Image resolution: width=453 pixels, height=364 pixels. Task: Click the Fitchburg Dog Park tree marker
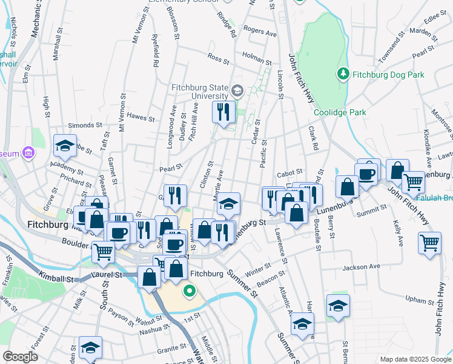(343, 75)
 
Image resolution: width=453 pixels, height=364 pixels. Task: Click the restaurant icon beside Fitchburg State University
(223, 112)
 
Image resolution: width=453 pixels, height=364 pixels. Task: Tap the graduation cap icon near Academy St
(65, 146)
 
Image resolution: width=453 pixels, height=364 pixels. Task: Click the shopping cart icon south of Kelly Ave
(429, 243)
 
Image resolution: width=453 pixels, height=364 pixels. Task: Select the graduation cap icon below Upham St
(338, 305)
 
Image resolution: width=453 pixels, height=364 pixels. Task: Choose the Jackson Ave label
(361, 266)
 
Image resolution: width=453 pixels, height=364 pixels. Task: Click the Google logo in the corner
(20, 357)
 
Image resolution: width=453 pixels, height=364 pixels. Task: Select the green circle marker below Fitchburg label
(190, 292)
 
